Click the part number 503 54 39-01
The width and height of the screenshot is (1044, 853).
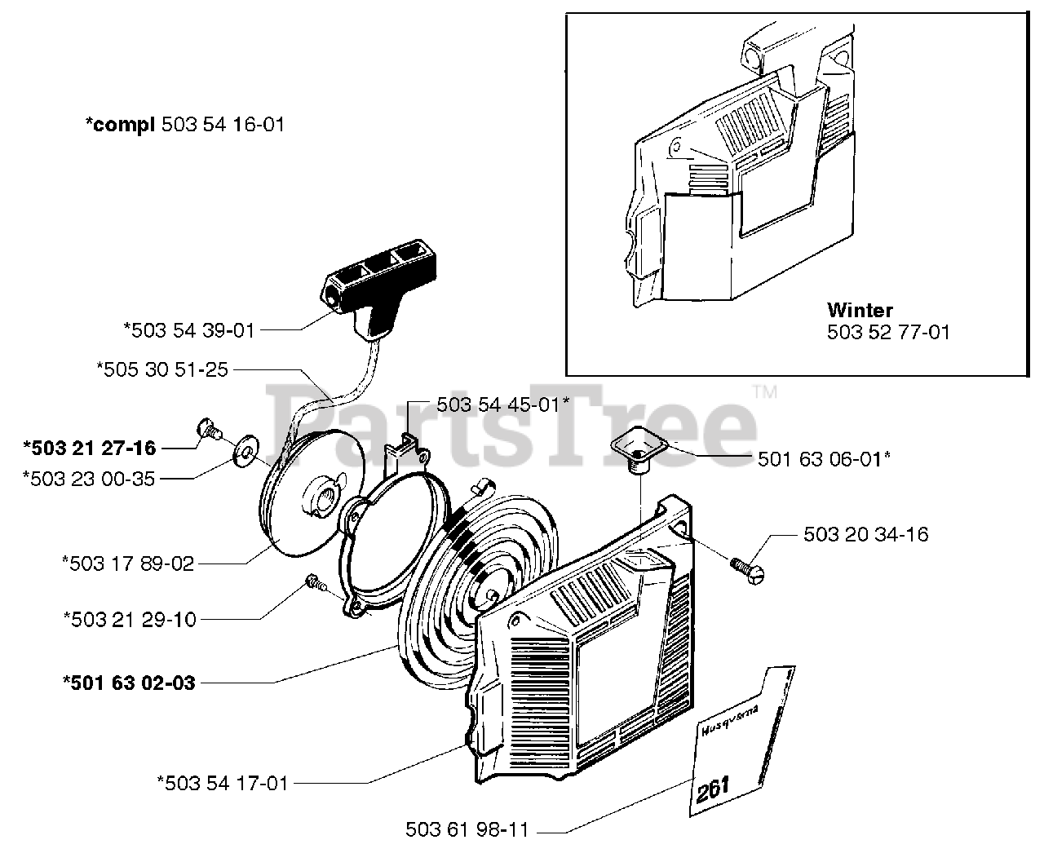coord(189,329)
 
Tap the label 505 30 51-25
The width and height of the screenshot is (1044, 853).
coord(162,369)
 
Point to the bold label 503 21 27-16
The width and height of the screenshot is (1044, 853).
coord(90,447)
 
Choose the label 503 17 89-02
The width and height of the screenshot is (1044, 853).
coord(129,563)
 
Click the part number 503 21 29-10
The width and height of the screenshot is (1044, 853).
coord(130,619)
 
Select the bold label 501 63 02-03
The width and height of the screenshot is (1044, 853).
coord(129,683)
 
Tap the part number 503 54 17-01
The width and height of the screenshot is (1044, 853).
coord(223,784)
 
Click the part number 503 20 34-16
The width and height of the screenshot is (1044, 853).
coord(865,534)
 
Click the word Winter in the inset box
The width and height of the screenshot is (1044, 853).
coord(860,310)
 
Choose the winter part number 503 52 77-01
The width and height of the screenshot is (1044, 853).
coord(888,333)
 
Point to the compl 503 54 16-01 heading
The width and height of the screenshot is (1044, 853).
coord(185,125)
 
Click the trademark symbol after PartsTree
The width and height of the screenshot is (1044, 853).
coord(766,392)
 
